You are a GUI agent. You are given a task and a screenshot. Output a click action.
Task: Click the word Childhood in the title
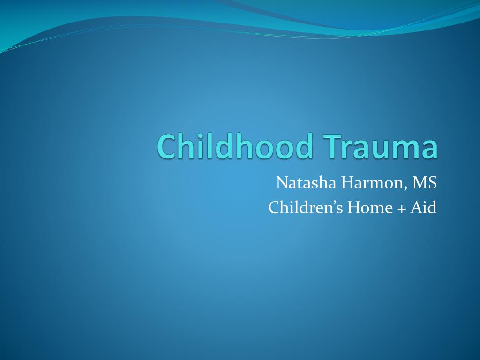point(235,146)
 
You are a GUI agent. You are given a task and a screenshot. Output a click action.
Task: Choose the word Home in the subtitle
point(370,207)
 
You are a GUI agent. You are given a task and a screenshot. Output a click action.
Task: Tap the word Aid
point(423,207)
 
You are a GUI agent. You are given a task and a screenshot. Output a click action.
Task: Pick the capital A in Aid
point(416,207)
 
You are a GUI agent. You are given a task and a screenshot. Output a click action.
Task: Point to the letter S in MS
point(433,183)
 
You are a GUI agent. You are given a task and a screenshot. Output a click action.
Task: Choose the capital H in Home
point(354,207)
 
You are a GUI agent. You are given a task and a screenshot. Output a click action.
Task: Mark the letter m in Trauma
point(410,150)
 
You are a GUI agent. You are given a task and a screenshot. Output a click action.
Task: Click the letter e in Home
point(389,210)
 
